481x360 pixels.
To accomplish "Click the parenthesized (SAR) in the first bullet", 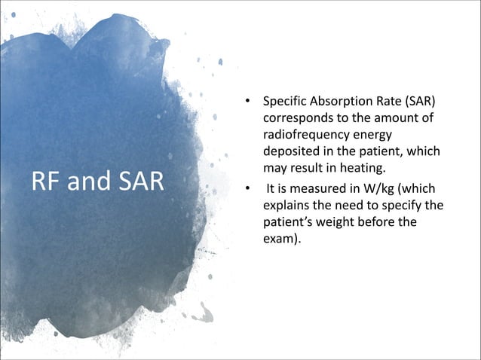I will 419,102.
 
